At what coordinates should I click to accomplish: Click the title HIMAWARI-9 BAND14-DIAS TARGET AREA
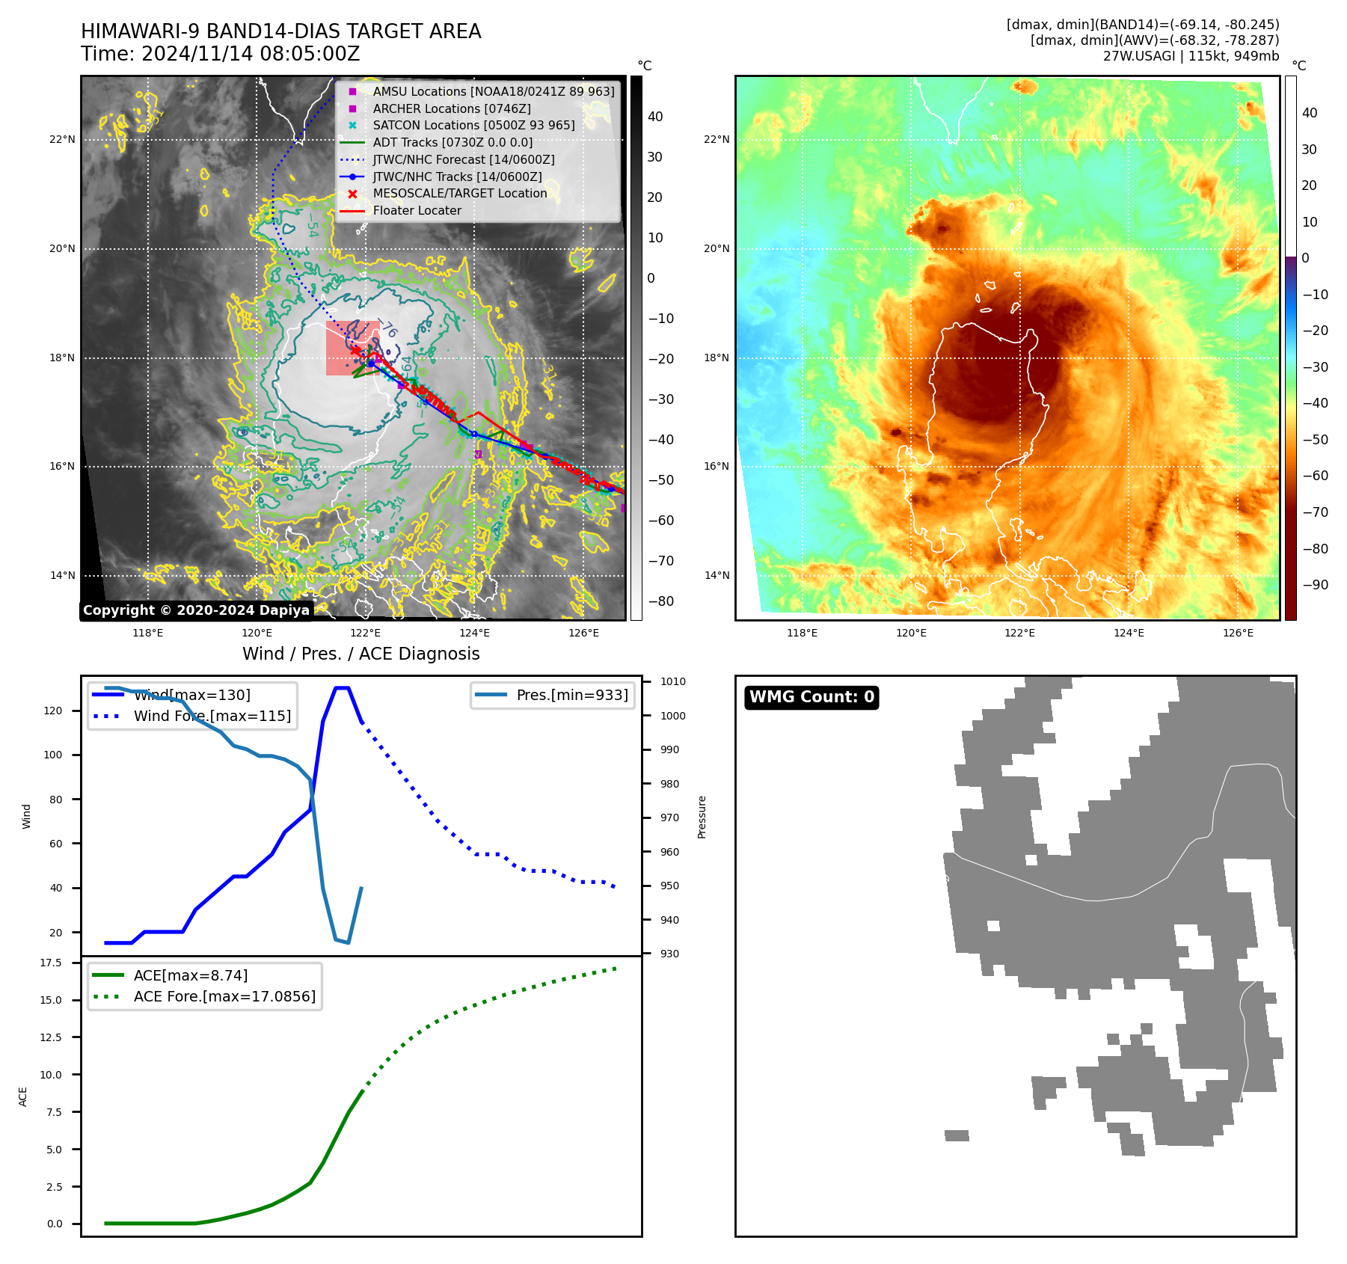280,31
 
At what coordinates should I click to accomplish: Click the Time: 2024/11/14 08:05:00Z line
221,55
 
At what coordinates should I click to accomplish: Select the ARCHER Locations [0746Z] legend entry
451,108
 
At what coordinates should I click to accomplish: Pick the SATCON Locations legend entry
473,125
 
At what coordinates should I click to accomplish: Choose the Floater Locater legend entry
417,210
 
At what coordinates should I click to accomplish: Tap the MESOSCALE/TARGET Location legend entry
459,193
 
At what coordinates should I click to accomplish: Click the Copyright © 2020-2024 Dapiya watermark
196,610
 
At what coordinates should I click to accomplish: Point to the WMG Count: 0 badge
811,697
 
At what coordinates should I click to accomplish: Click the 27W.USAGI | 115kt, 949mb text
1191,56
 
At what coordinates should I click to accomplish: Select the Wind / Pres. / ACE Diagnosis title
360,654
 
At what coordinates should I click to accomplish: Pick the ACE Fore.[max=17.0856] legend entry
224,996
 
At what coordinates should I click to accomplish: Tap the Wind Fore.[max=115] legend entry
212,716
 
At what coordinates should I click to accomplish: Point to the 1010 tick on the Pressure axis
672,681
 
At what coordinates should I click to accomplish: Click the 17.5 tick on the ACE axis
51,963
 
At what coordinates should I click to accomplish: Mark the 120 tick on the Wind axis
53,711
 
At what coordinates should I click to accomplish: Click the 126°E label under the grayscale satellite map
583,633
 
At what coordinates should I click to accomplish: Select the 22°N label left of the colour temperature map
717,139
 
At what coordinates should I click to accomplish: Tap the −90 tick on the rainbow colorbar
1315,585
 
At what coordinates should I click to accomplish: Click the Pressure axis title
702,817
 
